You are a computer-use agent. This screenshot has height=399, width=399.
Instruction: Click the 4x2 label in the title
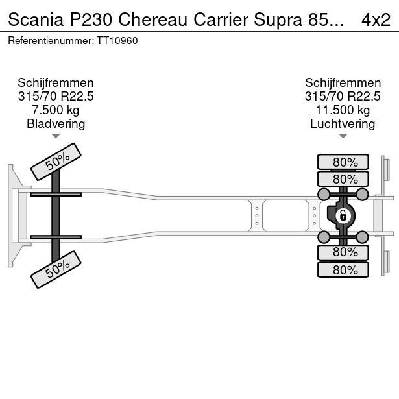tap(376, 20)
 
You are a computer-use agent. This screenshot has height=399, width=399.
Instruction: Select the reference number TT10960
tap(117, 41)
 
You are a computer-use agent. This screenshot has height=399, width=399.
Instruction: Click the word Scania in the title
tap(36, 20)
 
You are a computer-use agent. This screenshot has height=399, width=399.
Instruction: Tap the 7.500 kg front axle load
tap(56, 110)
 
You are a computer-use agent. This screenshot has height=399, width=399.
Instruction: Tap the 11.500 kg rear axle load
tap(343, 110)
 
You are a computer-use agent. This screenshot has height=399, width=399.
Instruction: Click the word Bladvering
tap(56, 124)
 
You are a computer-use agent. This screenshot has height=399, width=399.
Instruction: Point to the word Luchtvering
tap(343, 124)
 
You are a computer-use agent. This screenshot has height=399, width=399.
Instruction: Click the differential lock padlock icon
tap(343, 216)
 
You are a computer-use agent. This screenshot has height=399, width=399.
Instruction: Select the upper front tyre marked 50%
tap(56, 162)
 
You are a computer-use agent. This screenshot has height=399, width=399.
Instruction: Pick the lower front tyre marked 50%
tap(56, 269)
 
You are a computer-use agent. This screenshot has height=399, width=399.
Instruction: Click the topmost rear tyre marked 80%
tap(343, 162)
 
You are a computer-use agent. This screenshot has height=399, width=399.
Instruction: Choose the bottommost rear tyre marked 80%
tap(343, 270)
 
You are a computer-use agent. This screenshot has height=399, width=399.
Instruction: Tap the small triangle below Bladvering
tap(56, 136)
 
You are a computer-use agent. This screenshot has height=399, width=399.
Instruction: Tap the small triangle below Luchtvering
tap(343, 136)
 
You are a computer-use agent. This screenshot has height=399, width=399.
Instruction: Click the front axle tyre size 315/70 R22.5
tap(56, 97)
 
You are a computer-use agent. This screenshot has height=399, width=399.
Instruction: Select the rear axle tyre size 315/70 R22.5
tap(343, 97)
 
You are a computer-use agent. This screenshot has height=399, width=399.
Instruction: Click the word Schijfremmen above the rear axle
tap(343, 83)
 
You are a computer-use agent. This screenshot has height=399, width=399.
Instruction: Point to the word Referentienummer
tap(51, 41)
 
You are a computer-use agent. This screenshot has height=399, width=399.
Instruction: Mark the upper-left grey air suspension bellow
tap(324, 195)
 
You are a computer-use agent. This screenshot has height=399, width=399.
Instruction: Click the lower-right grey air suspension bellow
tap(362, 237)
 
